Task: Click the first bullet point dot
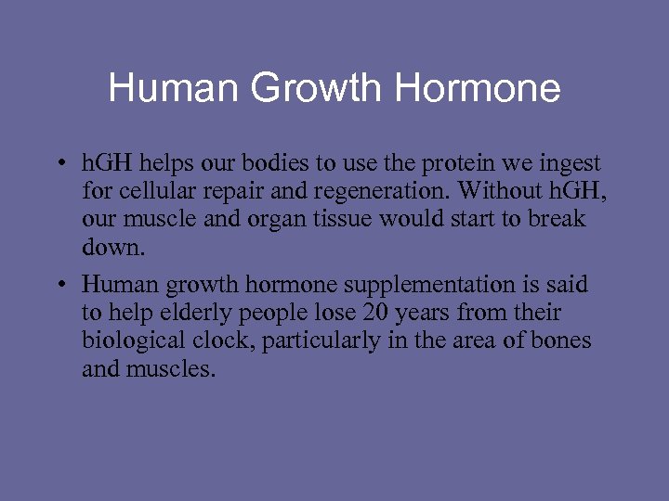point(58,165)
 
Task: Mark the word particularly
point(321,341)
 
